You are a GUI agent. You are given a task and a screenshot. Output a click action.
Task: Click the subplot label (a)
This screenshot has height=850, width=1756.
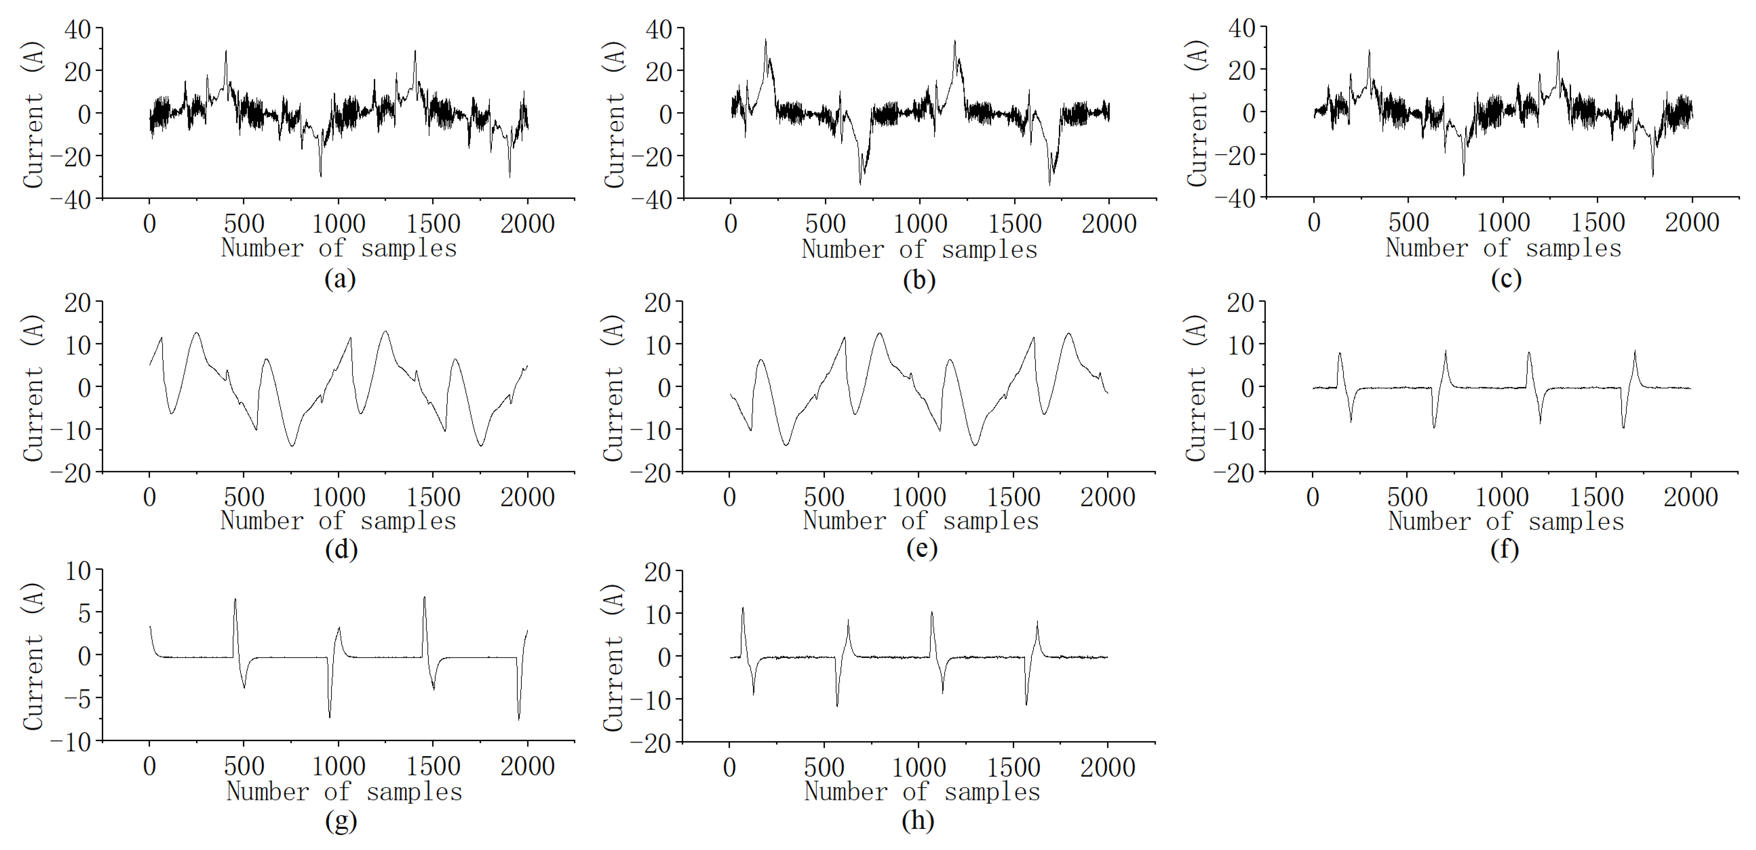point(340,279)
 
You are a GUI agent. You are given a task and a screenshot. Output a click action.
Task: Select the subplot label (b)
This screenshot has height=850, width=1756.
point(919,280)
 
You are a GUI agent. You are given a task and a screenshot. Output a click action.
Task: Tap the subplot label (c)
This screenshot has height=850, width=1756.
point(1506,279)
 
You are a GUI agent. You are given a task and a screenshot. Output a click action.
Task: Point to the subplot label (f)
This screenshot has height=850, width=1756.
point(1505,549)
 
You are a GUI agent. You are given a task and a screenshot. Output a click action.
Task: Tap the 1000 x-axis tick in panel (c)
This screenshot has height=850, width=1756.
point(1503,223)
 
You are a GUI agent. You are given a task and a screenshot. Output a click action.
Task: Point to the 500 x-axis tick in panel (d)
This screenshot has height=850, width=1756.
point(244,497)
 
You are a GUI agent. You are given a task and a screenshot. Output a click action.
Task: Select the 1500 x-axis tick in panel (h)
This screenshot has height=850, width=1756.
point(1013,767)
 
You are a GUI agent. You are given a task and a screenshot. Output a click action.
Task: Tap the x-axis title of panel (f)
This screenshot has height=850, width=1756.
point(1506,521)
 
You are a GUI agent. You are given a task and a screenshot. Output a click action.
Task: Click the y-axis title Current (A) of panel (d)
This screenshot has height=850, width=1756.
point(33,387)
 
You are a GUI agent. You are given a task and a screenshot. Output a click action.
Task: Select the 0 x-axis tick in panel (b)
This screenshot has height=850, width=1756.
point(731,223)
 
